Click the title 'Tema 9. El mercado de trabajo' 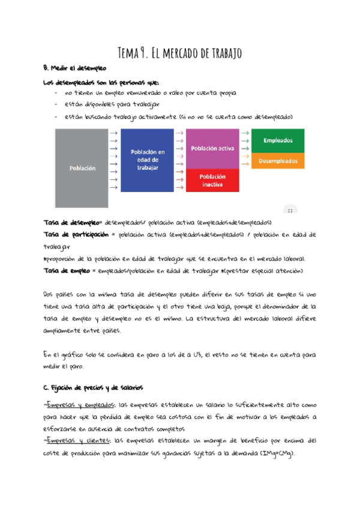point(179,53)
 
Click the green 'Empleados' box point(278,140)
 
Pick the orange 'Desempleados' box point(278,161)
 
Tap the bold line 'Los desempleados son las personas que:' point(101,82)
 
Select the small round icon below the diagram point(290,210)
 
